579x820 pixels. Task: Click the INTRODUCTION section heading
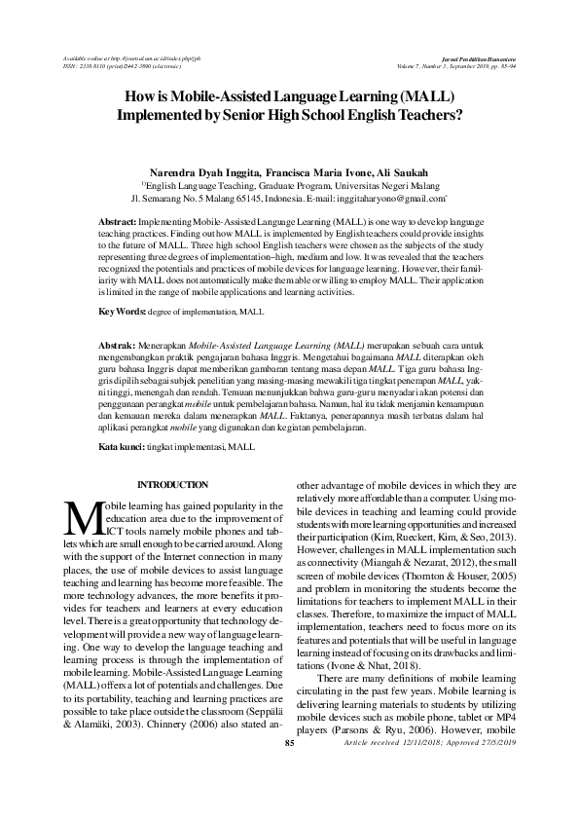coord(172,485)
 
